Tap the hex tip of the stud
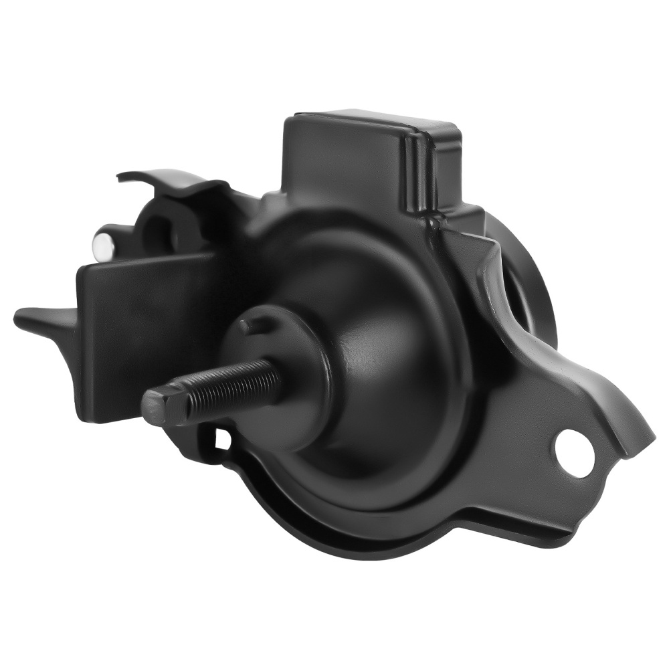click(155, 407)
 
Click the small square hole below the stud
click(222, 439)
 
